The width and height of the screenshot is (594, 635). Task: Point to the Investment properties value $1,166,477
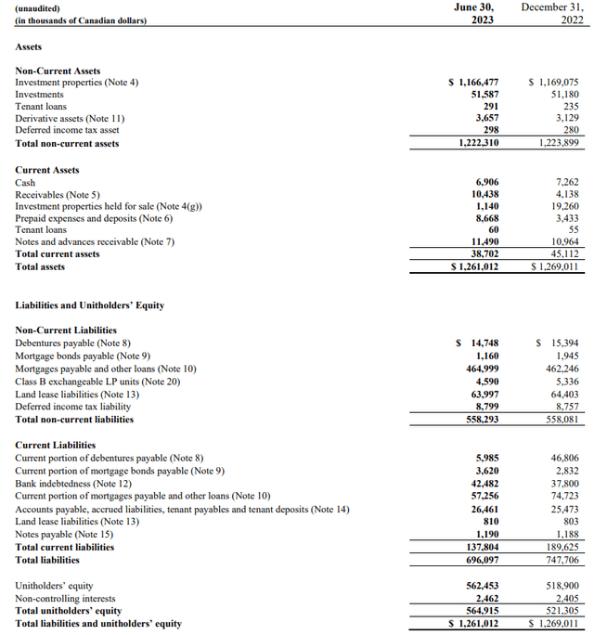tap(473, 83)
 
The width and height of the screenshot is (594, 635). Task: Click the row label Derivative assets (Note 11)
tap(70, 119)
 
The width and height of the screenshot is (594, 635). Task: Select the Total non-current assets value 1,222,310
tap(479, 144)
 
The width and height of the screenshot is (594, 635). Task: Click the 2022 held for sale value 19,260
tap(561, 206)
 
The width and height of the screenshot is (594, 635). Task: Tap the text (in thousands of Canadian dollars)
tap(82, 19)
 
